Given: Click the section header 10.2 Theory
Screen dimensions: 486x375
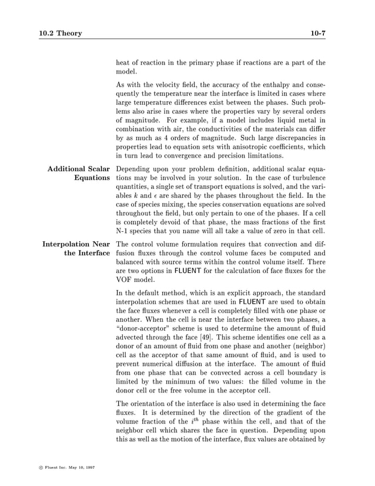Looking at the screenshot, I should tap(57, 34).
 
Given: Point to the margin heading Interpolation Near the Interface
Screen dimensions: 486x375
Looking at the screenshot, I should tap(74, 248).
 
